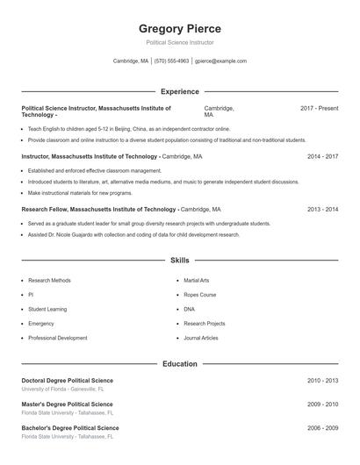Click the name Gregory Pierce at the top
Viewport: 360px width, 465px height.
(180, 29)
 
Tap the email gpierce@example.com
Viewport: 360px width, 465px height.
(220, 61)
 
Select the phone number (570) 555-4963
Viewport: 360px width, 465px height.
(171, 61)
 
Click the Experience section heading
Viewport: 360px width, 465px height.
(180, 91)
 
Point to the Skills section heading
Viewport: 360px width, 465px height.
(180, 261)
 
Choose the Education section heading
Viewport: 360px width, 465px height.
(180, 364)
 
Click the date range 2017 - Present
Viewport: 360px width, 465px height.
(319, 108)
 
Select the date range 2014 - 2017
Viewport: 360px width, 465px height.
(322, 156)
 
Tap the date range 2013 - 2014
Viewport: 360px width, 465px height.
(322, 210)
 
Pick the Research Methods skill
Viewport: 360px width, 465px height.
(49, 281)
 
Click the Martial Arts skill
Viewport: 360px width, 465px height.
(197, 281)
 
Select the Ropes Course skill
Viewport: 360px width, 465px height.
(200, 295)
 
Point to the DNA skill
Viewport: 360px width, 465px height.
(190, 309)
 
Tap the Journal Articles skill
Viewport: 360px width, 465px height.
(201, 338)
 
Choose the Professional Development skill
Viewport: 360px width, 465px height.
(57, 338)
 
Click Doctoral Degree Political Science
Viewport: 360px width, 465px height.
(68, 380)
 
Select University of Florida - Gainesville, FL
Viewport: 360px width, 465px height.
(62, 389)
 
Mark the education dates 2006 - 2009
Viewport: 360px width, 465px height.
(322, 427)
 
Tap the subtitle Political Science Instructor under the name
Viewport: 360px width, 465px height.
(180, 42)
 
